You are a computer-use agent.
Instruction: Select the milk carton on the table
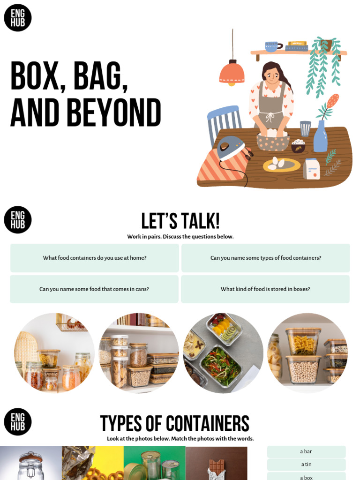pos(311,169)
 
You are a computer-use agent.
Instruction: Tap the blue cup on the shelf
pos(271,46)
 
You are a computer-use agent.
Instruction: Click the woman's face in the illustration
pos(272,75)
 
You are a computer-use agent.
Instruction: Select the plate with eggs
pos(281,165)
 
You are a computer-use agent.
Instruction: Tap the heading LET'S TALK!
pos(180,221)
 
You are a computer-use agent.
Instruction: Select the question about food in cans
pos(94,289)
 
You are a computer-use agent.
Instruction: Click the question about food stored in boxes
pos(265,289)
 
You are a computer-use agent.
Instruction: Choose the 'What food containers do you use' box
pos(95,258)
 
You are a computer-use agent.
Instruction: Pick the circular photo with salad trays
pos(223,353)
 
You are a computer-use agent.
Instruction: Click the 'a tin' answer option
pos(306,465)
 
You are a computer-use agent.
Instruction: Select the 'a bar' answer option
pos(306,451)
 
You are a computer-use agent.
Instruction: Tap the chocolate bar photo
pos(217,464)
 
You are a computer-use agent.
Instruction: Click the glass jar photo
pos(31,464)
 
